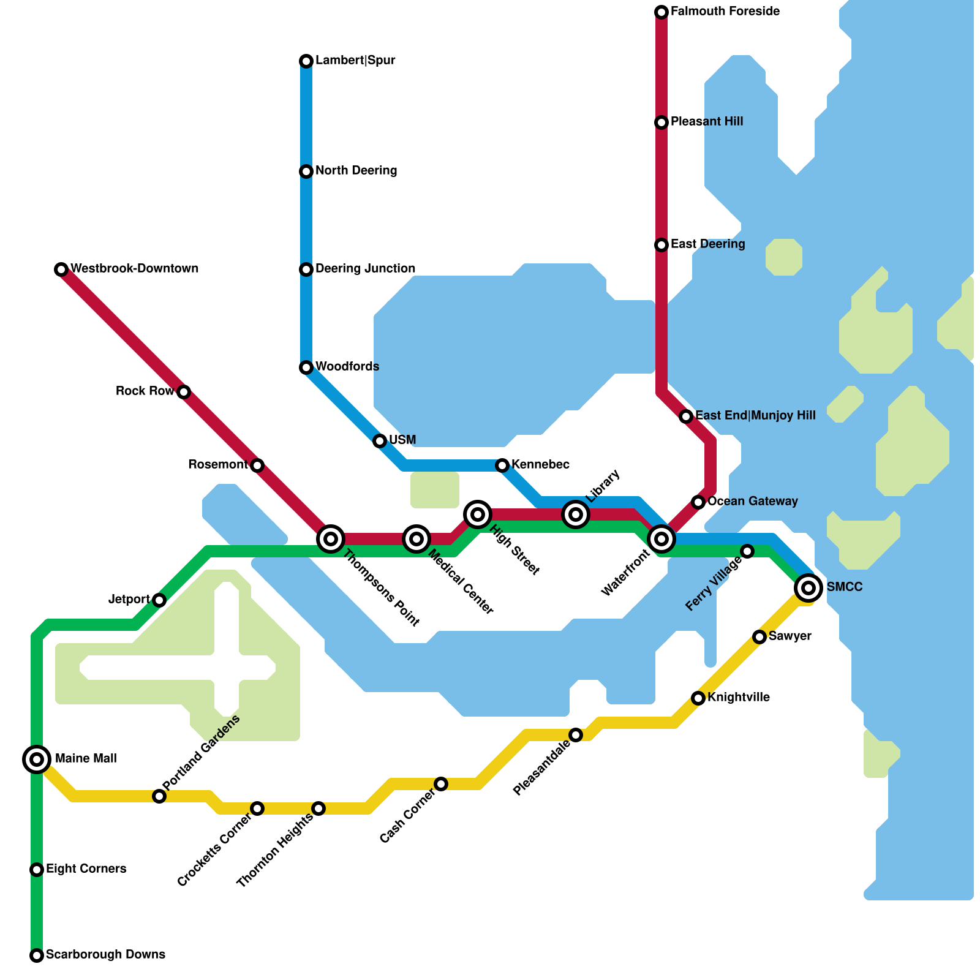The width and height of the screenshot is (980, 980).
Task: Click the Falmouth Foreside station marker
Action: (661, 12)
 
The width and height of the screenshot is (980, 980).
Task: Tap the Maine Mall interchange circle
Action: (37, 759)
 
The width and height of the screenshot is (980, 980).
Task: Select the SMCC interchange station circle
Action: (809, 588)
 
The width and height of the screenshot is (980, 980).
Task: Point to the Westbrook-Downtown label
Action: (134, 269)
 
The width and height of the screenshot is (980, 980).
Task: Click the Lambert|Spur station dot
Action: (306, 61)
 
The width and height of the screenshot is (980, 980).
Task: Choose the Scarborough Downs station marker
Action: (37, 956)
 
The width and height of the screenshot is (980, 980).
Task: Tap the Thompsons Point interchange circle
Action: (331, 539)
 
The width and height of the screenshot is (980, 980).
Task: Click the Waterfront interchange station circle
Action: (661, 539)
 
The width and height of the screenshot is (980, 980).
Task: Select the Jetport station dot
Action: (159, 600)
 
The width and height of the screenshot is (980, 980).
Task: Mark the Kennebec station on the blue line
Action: (502, 466)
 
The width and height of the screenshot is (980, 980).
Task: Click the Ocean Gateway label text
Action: (752, 502)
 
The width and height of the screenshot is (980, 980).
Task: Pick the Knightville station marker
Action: (698, 698)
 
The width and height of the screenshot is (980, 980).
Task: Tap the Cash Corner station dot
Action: (441, 784)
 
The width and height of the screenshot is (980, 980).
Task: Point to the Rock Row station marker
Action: (184, 392)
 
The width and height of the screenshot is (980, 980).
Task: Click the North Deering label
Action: (356, 171)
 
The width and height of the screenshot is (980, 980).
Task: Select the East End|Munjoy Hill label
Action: (755, 416)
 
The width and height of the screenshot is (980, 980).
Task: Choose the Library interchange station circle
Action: (576, 514)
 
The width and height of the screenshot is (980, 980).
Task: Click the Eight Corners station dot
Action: (37, 870)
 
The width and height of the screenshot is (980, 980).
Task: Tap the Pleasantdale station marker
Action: (576, 735)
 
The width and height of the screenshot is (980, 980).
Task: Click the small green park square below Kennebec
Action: (435, 490)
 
